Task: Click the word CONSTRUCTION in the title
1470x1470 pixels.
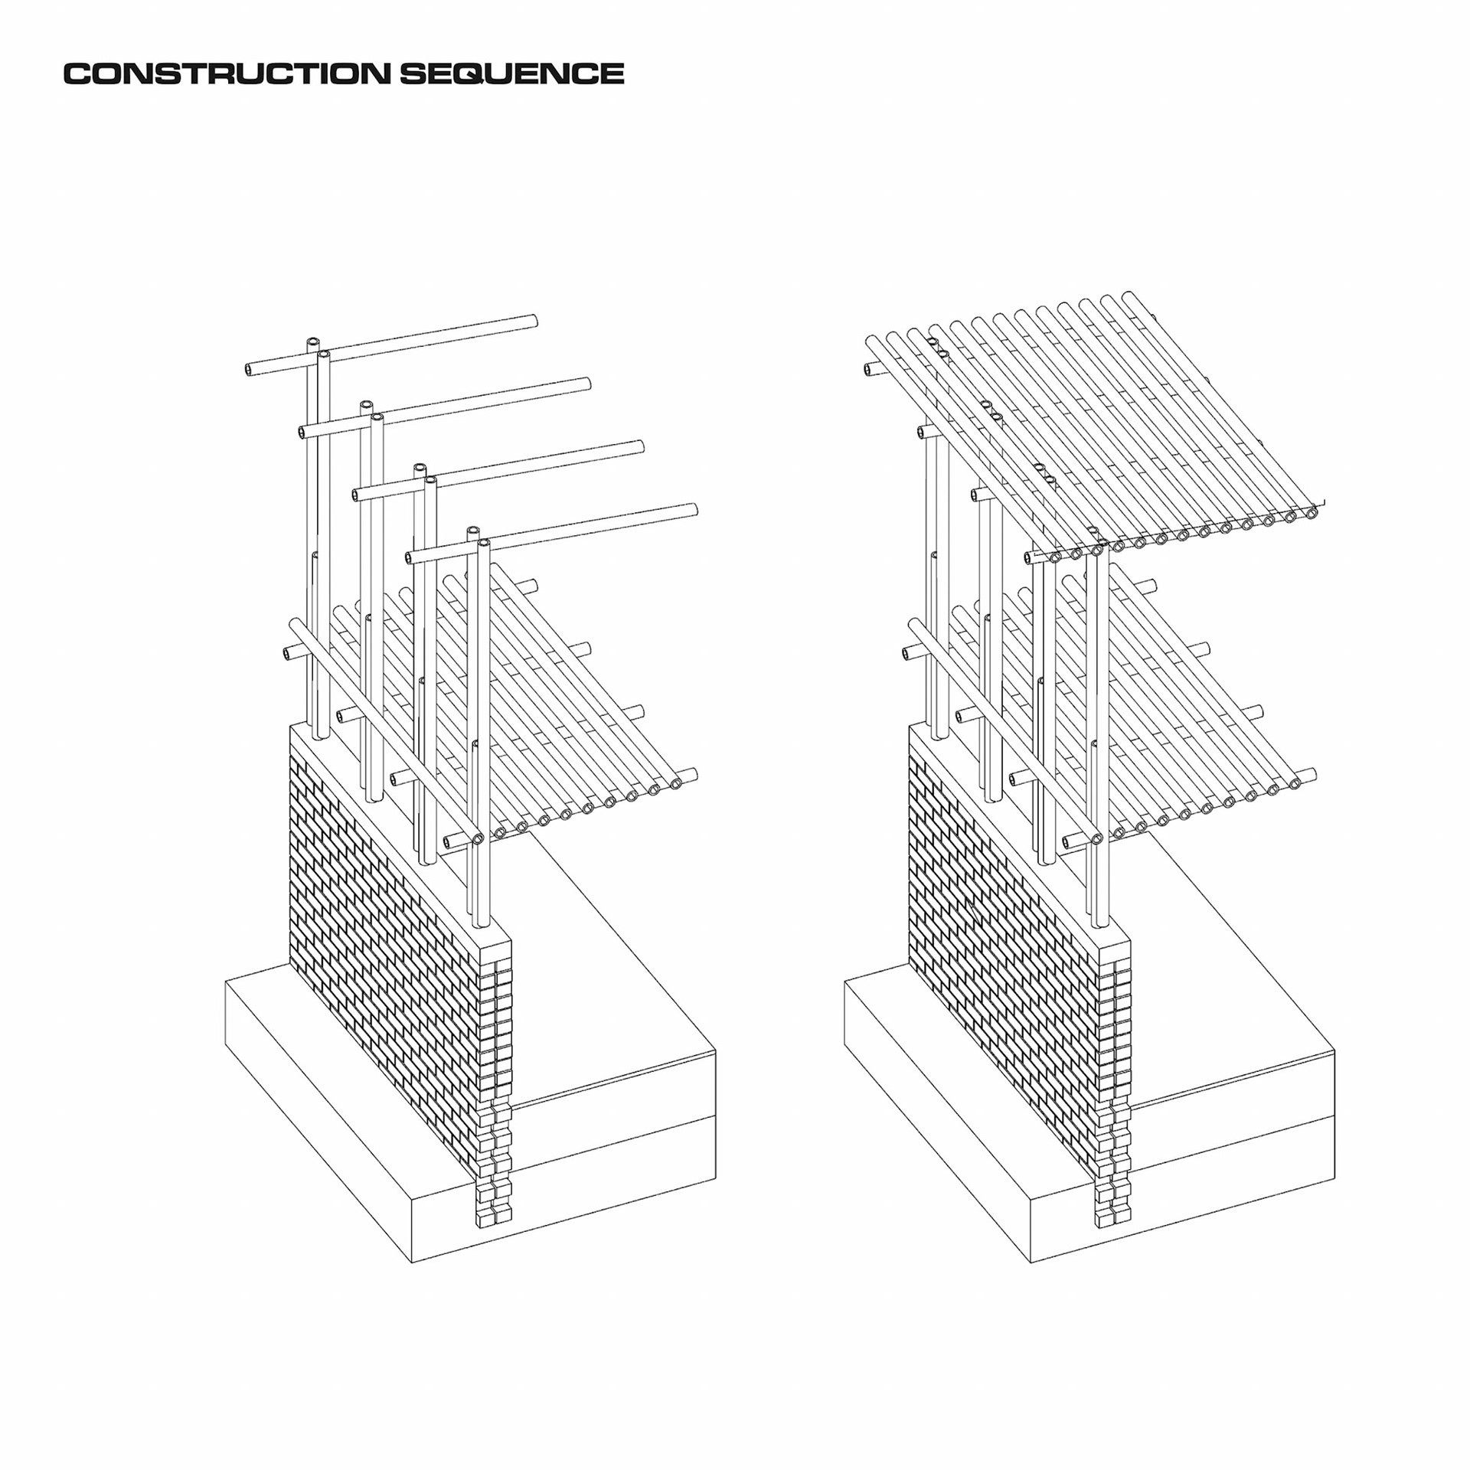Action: tap(227, 73)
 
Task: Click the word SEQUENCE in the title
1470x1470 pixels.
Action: tap(511, 73)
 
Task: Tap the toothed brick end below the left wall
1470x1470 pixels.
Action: tap(494, 1171)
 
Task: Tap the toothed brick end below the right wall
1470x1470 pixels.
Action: tap(1113, 1171)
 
